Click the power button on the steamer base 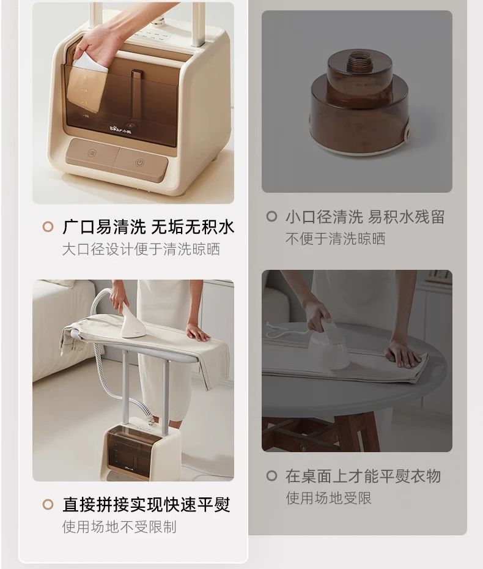click(x=140, y=163)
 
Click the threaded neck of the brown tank click(x=358, y=61)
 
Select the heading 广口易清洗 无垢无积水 click(x=148, y=228)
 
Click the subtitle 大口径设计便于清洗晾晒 click(x=141, y=250)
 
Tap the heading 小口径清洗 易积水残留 click(x=364, y=217)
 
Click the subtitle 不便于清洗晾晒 click(x=335, y=239)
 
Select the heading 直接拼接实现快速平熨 click(x=146, y=505)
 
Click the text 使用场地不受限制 click(x=119, y=526)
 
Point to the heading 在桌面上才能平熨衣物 click(x=363, y=476)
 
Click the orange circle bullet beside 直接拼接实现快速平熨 click(x=48, y=505)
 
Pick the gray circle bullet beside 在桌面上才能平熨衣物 click(x=271, y=476)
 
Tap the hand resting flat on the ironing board click(x=198, y=333)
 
